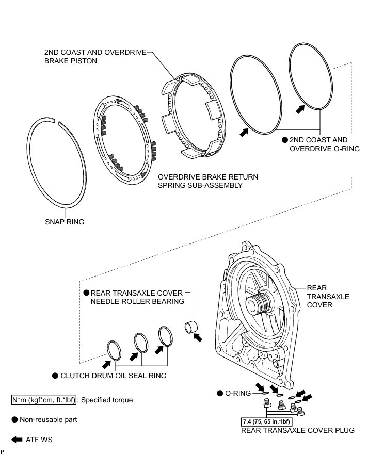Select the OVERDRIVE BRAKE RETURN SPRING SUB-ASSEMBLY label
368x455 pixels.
point(208,181)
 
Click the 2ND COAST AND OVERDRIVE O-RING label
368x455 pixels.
point(318,144)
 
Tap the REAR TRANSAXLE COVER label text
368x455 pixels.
point(328,297)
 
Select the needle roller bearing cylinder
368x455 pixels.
point(191,327)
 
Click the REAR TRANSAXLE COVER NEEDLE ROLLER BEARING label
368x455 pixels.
point(137,297)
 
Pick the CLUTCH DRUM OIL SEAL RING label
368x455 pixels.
point(113,376)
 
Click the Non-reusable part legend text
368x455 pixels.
point(49,420)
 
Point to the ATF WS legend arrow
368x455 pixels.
point(16,440)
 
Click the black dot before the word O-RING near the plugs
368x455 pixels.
point(220,393)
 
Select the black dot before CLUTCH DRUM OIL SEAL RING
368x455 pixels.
point(54,376)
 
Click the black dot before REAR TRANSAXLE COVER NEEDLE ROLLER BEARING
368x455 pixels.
point(87,292)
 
